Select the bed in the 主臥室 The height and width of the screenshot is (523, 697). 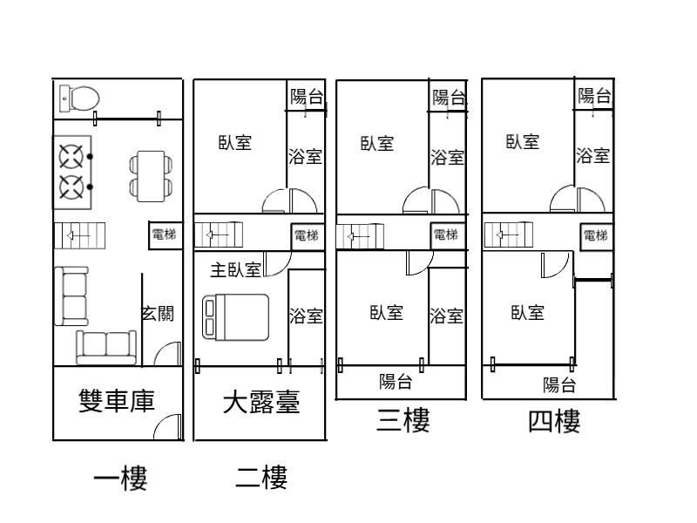(235, 316)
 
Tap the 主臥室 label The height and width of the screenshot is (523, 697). (235, 269)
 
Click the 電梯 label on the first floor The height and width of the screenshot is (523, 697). (164, 234)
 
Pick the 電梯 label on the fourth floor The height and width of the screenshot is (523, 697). (596, 235)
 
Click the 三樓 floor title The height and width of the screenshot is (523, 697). (403, 422)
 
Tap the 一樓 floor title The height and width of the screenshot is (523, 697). (120, 478)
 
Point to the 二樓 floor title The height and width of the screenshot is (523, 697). (261, 478)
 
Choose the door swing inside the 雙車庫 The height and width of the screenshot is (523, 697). (169, 426)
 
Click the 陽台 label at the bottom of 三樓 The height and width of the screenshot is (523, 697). (396, 382)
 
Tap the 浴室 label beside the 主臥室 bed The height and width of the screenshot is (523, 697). (305, 316)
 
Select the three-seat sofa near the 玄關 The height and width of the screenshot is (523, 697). (106, 346)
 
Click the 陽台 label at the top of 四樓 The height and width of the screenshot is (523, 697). (594, 96)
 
